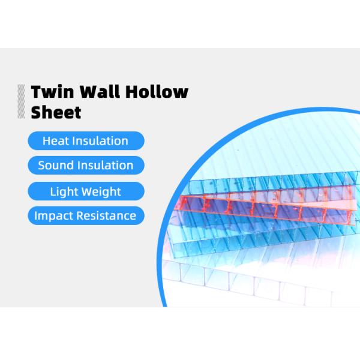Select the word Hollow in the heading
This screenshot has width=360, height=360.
coord(164,92)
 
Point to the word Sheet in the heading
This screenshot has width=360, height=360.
coord(56,112)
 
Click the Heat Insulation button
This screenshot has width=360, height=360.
coord(85,141)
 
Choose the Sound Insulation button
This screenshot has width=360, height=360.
coord(85,165)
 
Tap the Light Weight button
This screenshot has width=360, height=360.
coord(85,191)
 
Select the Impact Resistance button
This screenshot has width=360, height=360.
coord(85,215)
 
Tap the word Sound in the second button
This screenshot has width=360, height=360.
coord(56,165)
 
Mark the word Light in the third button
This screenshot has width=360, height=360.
coord(64,191)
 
